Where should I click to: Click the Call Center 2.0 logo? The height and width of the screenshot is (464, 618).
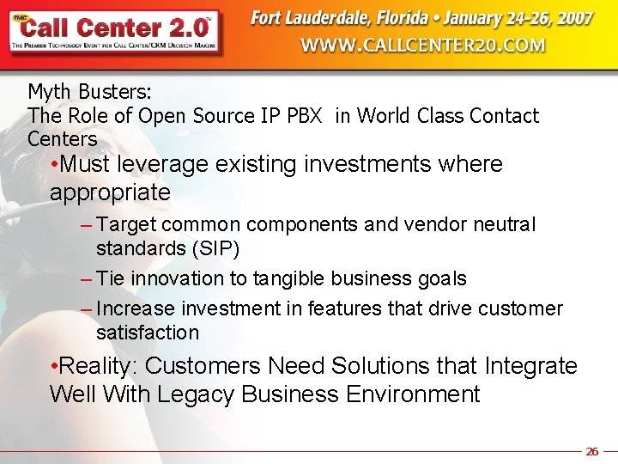(114, 32)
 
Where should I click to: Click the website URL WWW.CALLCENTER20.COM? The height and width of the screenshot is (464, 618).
(422, 46)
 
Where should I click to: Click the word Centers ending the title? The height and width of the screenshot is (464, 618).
(62, 138)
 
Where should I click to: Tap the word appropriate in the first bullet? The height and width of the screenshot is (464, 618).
(110, 192)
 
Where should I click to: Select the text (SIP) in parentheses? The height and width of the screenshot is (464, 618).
(215, 249)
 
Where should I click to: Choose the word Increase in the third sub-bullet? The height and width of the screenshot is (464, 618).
(133, 308)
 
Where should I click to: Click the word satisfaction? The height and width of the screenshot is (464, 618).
(147, 333)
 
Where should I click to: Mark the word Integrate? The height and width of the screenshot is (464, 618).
(530, 366)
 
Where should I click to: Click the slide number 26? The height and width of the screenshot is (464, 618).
(591, 451)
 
